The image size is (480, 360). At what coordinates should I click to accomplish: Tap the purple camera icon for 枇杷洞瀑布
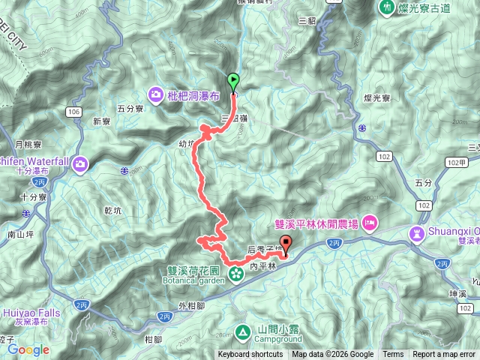[155, 94]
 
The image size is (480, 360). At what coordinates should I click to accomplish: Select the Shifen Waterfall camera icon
[80, 163]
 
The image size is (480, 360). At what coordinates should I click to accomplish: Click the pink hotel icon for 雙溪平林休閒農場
[369, 223]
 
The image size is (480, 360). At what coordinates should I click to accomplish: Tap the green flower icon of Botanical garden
[237, 274]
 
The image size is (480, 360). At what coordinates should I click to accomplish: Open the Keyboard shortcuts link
[250, 355]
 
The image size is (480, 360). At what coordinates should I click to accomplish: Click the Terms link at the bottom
[393, 355]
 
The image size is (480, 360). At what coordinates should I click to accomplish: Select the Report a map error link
[444, 355]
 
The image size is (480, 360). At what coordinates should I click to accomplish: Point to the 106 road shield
[73, 112]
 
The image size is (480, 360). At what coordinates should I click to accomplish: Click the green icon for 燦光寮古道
[387, 8]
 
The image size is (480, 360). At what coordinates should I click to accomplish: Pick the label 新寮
[101, 121]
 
